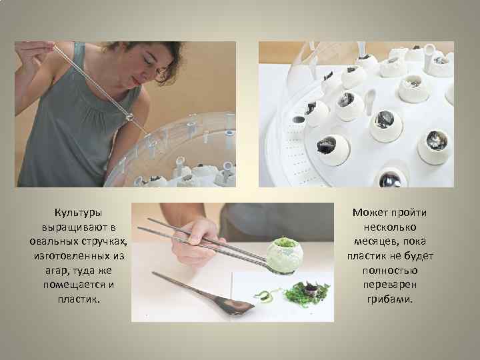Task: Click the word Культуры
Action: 78,213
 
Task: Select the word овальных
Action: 53,241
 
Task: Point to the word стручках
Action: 104,242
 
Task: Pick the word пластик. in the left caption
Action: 79,299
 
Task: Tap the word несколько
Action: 390,227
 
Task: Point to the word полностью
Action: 390,271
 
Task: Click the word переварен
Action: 390,285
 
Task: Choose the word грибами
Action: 390,299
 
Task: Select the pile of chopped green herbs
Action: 306,294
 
